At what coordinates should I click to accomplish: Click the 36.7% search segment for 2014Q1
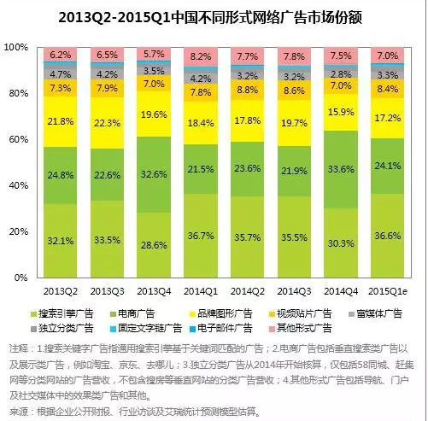[x=202, y=235]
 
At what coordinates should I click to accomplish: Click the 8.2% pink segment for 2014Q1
[x=202, y=56]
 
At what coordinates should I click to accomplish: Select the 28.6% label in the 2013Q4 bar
[x=155, y=244]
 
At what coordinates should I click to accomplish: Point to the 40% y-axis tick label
[x=19, y=185]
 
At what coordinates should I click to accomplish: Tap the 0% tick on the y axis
[x=21, y=278]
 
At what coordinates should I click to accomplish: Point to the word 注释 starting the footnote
[x=18, y=348]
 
